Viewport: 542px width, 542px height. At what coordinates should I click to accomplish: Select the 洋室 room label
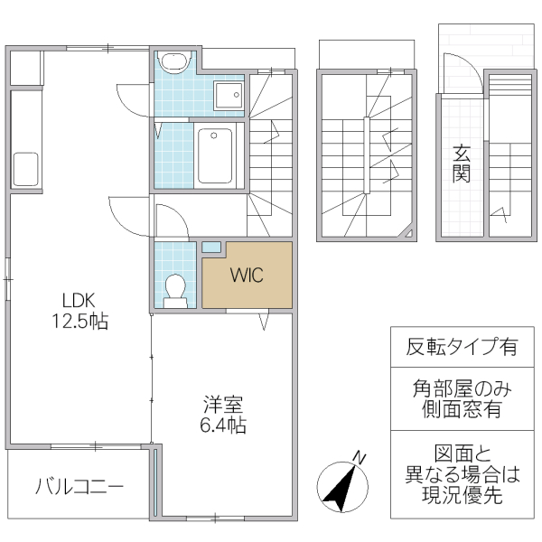(x=222, y=405)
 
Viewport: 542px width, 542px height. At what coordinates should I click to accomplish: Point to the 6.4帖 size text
(x=223, y=425)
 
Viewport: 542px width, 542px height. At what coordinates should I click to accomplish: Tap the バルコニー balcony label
(x=79, y=488)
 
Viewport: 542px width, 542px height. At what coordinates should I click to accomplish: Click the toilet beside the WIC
(x=175, y=287)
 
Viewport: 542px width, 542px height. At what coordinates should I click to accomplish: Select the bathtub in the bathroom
(x=215, y=156)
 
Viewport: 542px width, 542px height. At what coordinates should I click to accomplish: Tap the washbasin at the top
(x=173, y=62)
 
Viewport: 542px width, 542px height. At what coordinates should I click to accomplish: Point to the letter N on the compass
(x=360, y=457)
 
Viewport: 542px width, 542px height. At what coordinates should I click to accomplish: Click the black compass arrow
(x=338, y=487)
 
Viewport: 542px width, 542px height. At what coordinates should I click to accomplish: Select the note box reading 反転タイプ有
(x=461, y=346)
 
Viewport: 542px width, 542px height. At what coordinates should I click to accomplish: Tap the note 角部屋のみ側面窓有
(x=461, y=398)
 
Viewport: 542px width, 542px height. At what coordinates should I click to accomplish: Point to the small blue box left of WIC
(x=210, y=247)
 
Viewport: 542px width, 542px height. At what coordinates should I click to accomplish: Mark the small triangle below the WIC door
(x=265, y=321)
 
